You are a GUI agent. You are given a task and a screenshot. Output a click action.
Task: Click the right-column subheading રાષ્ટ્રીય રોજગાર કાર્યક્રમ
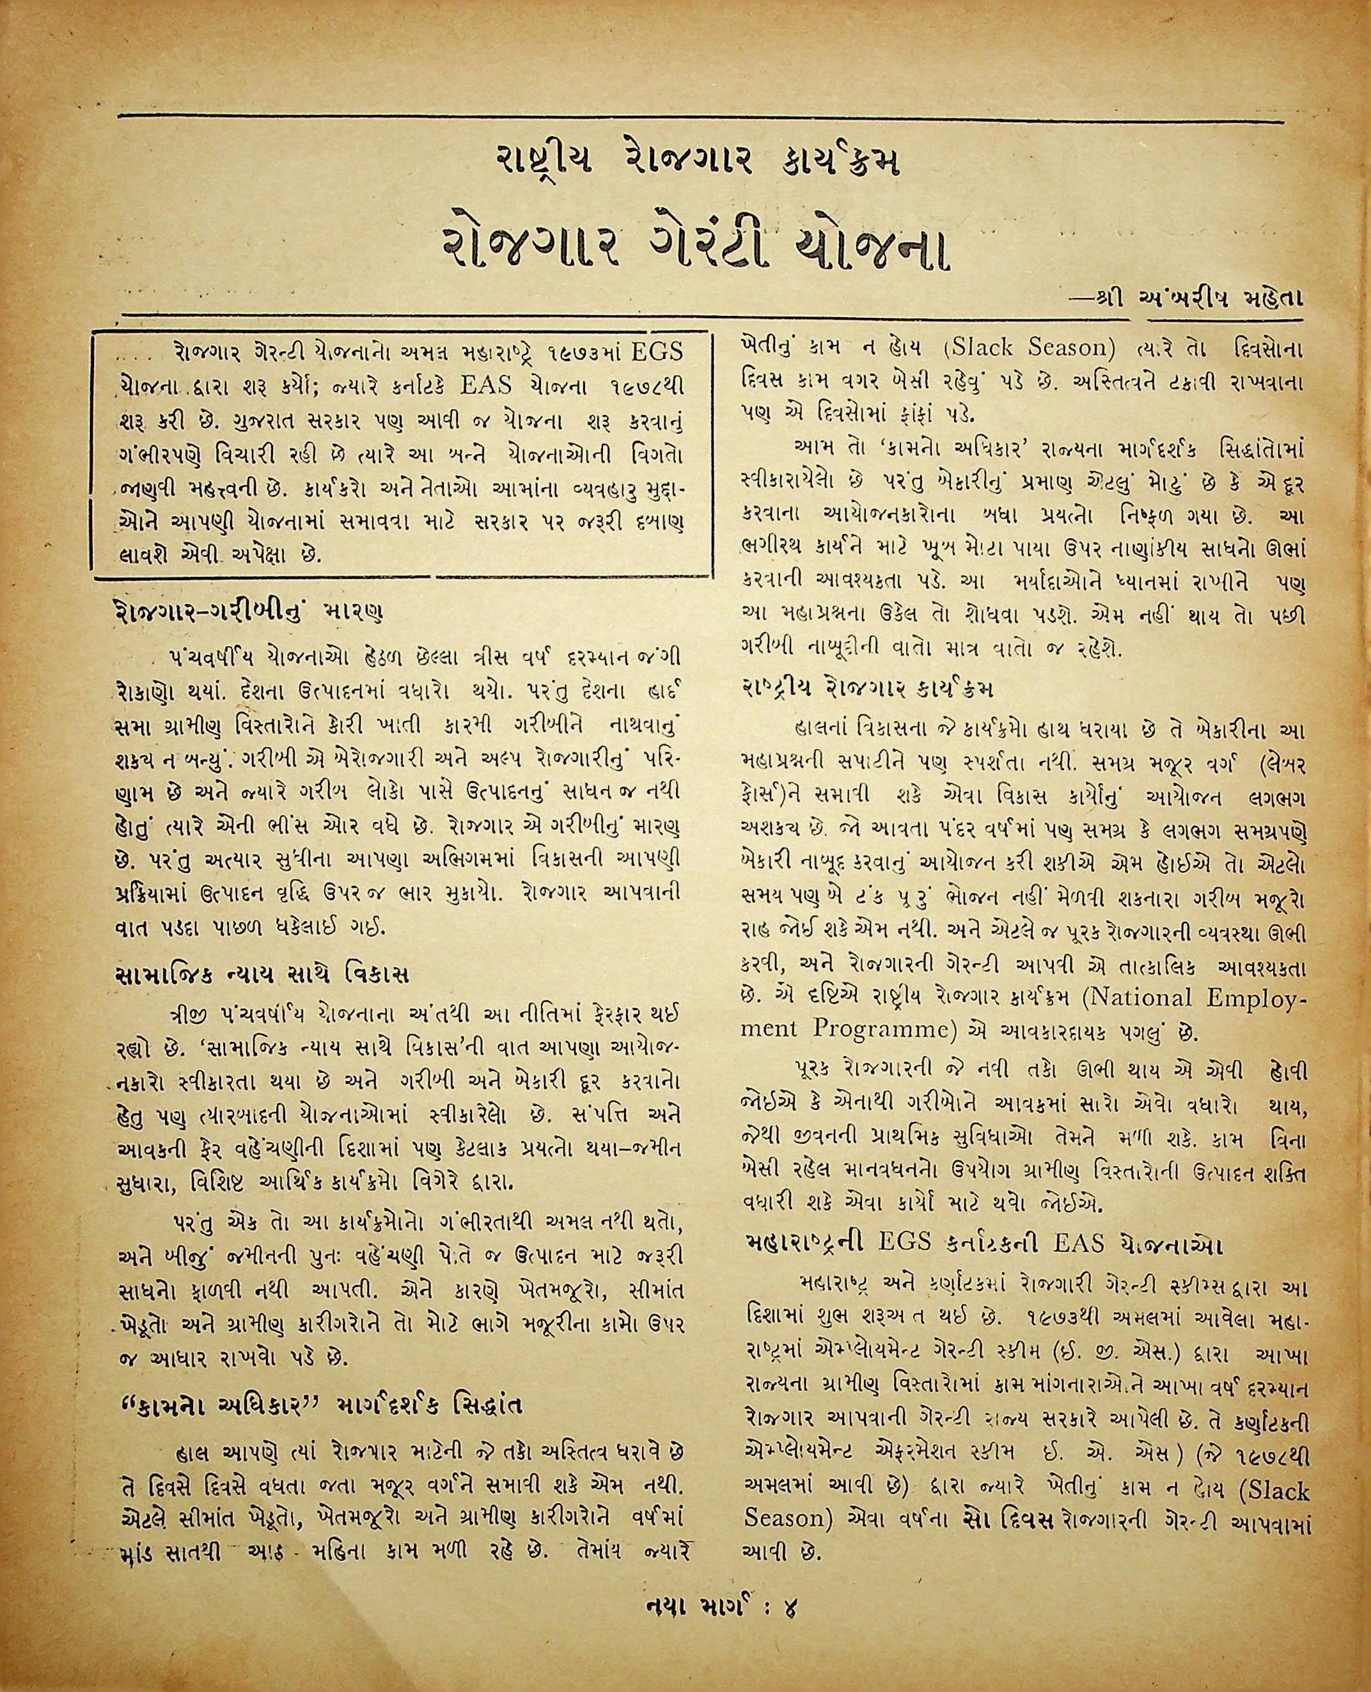coord(869,688)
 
